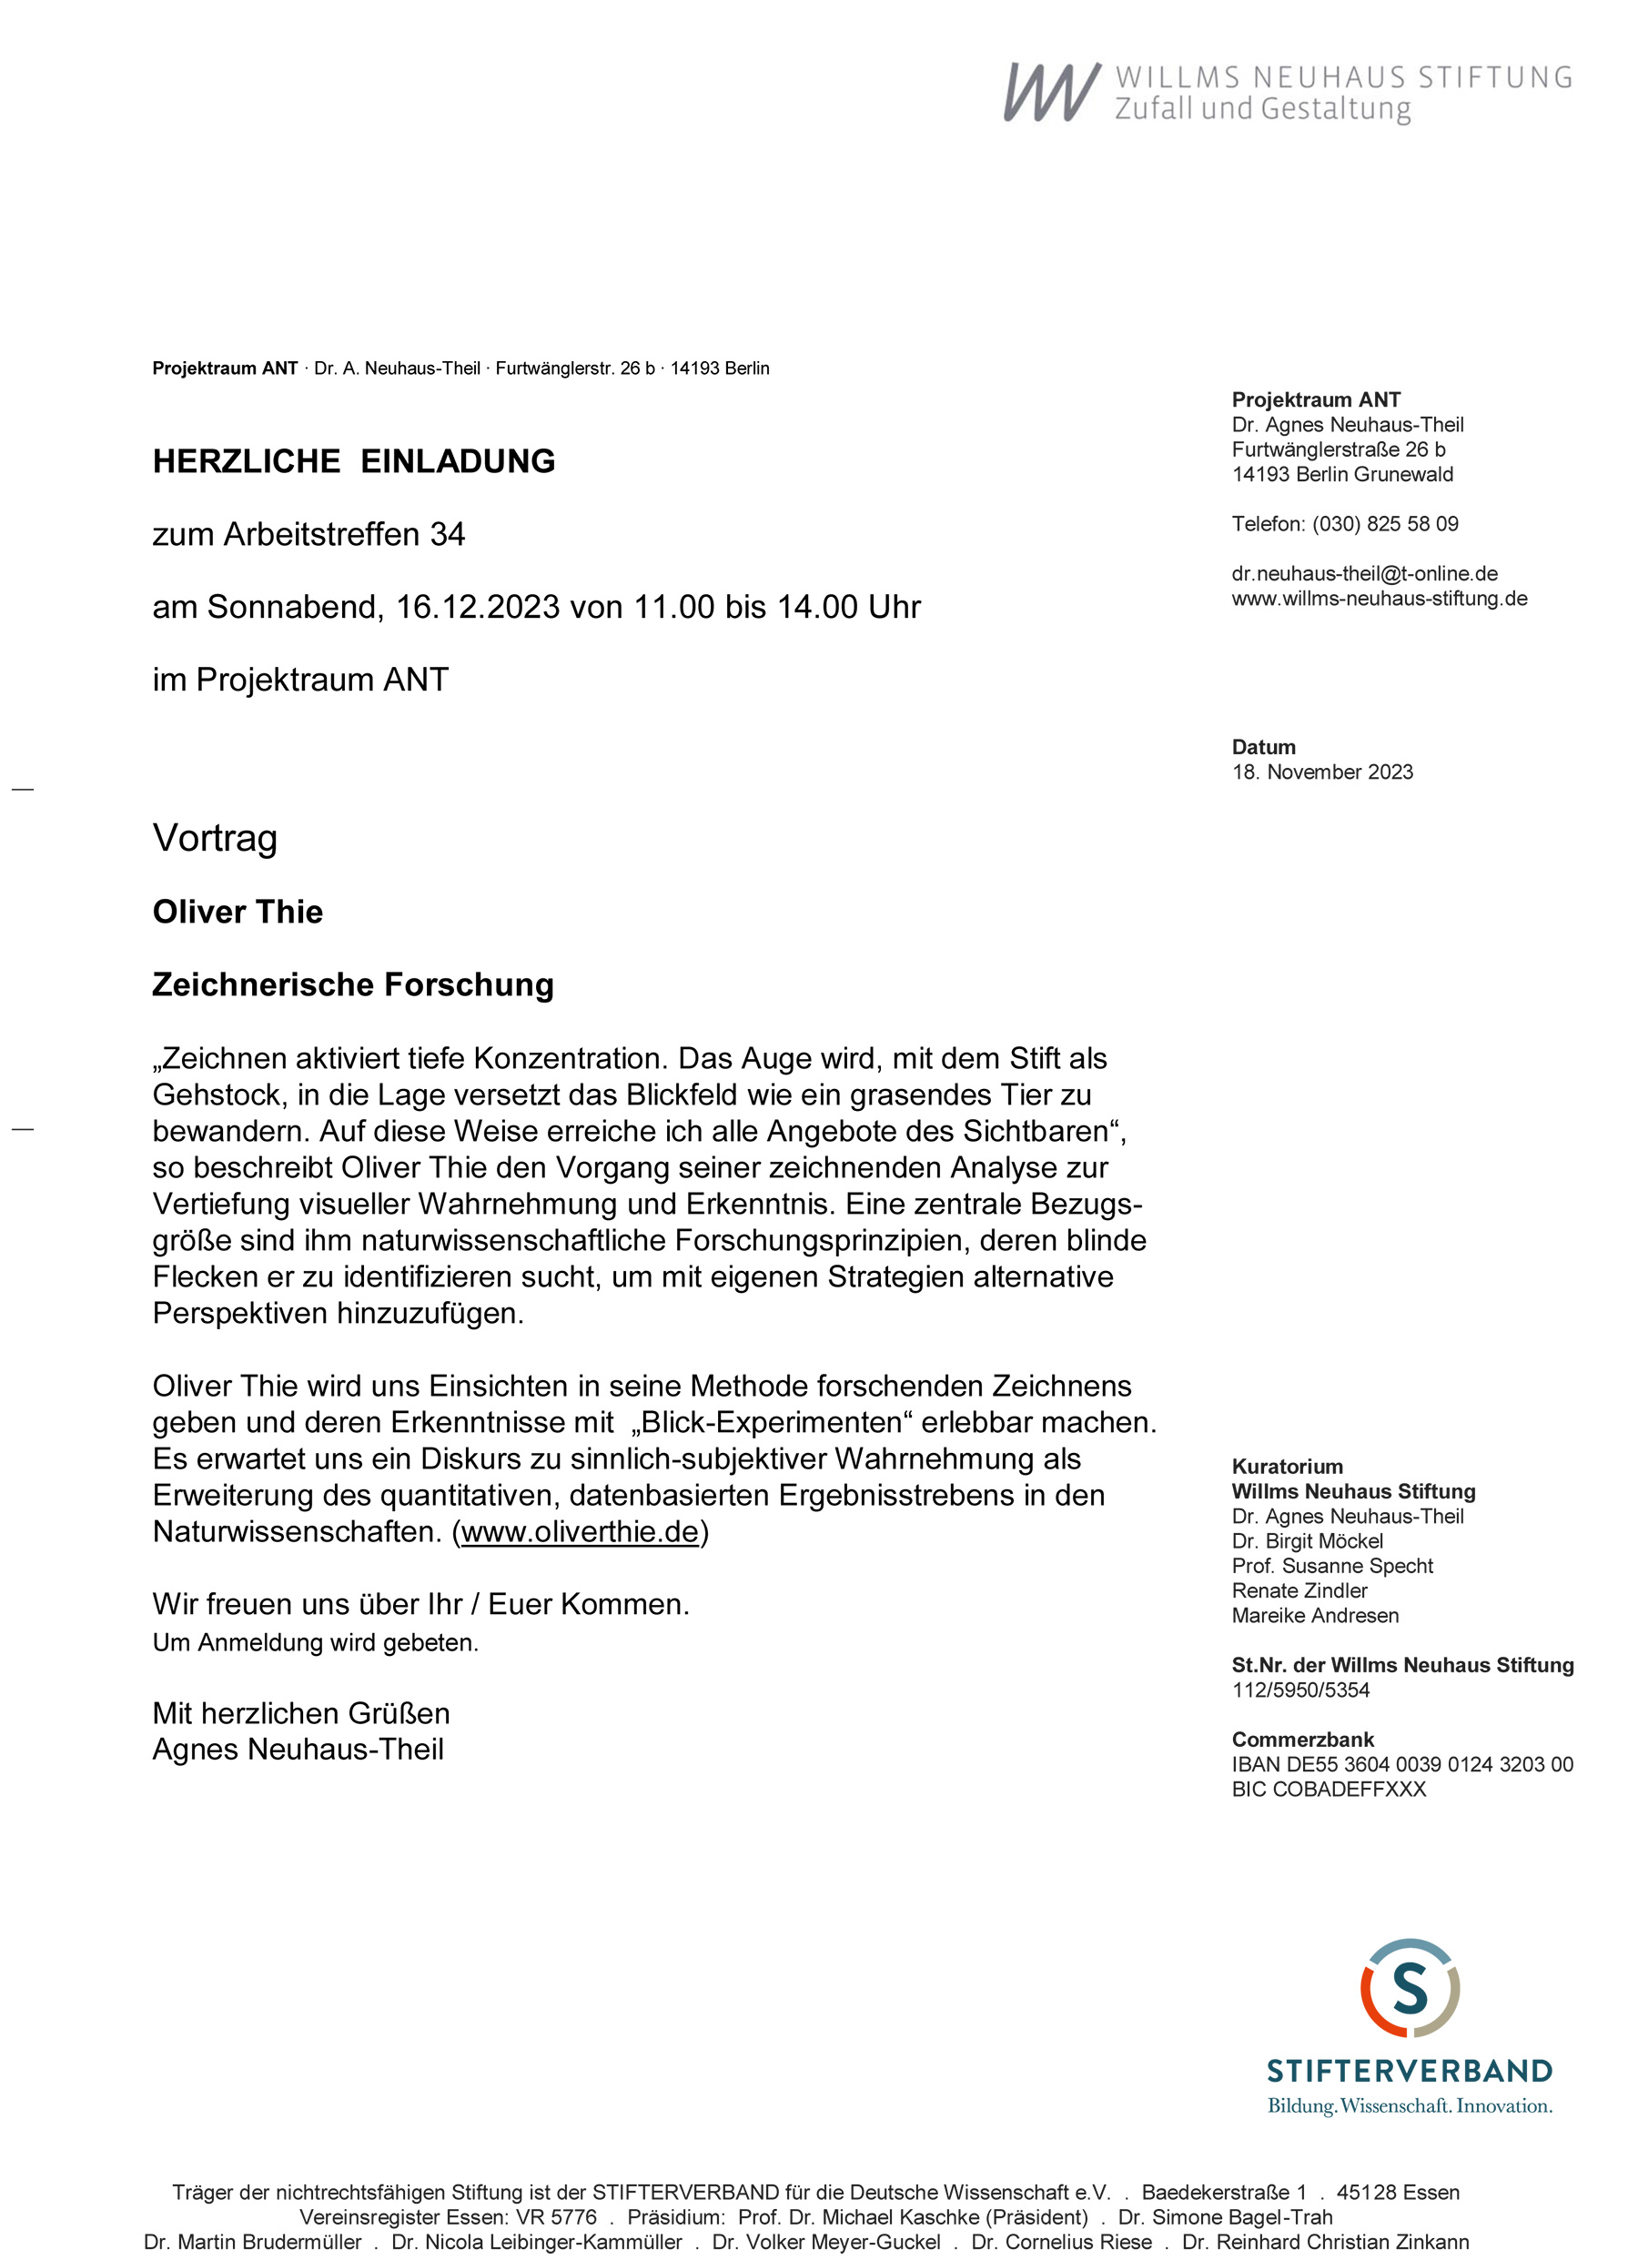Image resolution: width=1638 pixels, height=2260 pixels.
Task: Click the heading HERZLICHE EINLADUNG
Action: tap(353, 461)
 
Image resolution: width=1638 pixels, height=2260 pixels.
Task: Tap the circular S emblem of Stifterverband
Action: tap(1409, 1989)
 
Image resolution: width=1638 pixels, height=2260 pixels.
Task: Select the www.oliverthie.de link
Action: tap(581, 1531)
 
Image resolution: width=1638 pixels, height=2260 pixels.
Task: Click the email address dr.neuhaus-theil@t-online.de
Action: tap(1364, 574)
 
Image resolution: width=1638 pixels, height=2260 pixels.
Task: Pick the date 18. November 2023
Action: tap(1322, 772)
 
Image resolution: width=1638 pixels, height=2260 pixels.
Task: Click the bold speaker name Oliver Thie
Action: tap(238, 912)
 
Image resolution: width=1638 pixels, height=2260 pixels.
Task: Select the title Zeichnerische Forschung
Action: tap(352, 984)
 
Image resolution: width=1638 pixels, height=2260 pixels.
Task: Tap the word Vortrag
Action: tap(215, 838)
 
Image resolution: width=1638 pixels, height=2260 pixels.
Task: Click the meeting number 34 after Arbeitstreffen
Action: tap(448, 535)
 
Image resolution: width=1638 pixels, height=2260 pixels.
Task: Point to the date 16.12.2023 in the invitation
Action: tap(478, 607)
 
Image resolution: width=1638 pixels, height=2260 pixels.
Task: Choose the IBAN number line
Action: tap(1401, 1765)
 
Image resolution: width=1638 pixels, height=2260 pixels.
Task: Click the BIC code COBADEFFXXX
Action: tap(1328, 1790)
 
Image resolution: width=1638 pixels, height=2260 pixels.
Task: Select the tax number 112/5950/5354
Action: tap(1300, 1690)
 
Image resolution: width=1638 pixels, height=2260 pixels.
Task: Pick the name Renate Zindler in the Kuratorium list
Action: tap(1299, 1590)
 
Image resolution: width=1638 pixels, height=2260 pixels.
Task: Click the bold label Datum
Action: tap(1263, 747)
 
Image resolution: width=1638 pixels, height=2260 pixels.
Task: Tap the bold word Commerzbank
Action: tap(1302, 1740)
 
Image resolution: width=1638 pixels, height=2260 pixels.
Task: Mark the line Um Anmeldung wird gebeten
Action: tap(315, 1643)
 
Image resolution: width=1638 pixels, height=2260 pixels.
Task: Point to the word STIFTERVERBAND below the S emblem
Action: tap(1409, 2072)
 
